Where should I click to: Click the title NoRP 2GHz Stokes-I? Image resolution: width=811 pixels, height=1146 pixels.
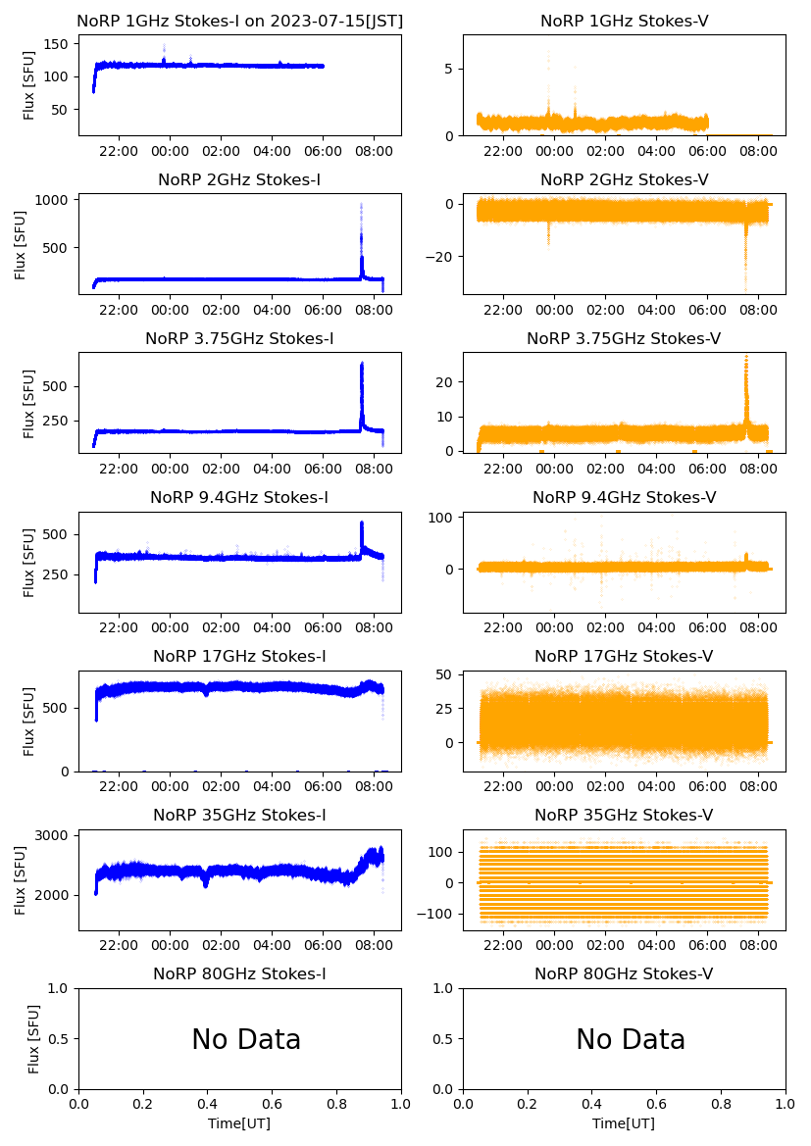(239, 180)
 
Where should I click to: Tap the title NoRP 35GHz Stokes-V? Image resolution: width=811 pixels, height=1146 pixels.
(624, 816)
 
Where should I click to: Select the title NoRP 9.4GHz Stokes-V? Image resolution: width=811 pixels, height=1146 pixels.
(624, 498)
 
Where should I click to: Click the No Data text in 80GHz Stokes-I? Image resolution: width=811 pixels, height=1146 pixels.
(246, 1039)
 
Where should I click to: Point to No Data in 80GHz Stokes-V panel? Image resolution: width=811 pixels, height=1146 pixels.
(631, 1039)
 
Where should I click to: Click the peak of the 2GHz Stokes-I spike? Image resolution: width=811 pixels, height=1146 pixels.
(361, 204)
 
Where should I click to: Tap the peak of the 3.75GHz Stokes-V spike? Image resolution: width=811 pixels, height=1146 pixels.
(746, 357)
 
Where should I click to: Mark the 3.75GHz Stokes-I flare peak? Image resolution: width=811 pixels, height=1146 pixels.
(362, 364)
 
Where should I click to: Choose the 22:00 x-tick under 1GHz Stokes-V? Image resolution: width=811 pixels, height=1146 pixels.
(503, 152)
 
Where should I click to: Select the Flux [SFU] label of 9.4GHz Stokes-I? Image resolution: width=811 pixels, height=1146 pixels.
(29, 565)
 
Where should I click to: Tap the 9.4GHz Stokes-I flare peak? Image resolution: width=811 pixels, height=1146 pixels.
(362, 523)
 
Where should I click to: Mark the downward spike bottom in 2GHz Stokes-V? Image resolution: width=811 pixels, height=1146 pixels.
(745, 290)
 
